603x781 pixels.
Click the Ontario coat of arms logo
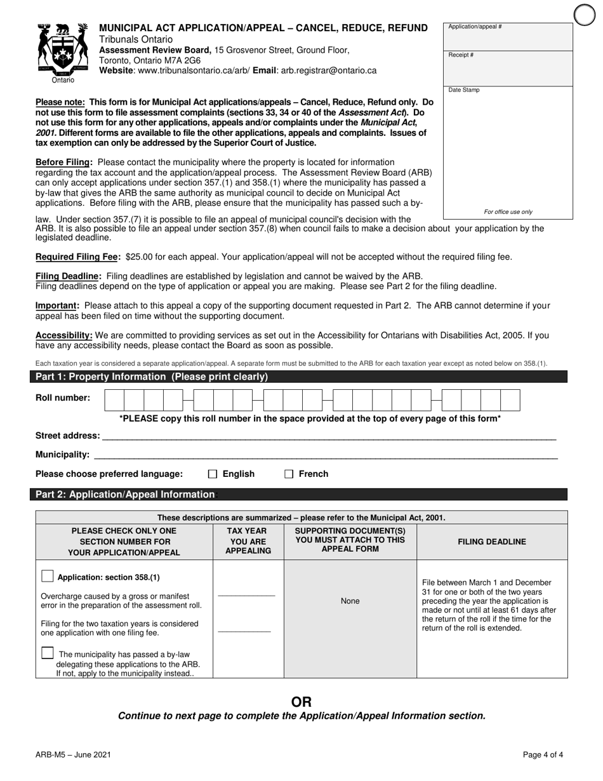[63, 51]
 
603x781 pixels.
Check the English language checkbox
[213, 474]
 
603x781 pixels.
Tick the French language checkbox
[289, 474]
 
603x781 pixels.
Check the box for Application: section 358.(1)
[47, 576]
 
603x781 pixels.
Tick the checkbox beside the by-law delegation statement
[47, 653]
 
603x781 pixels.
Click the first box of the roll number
[114, 400]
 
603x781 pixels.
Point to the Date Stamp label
[464, 90]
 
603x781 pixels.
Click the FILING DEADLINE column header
[492, 542]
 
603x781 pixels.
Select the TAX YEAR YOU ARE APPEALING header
[248, 541]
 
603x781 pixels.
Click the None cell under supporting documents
[350, 601]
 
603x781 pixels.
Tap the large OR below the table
[301, 702]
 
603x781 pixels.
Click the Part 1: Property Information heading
[152, 377]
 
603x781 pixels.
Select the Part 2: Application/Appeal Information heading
[125, 494]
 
